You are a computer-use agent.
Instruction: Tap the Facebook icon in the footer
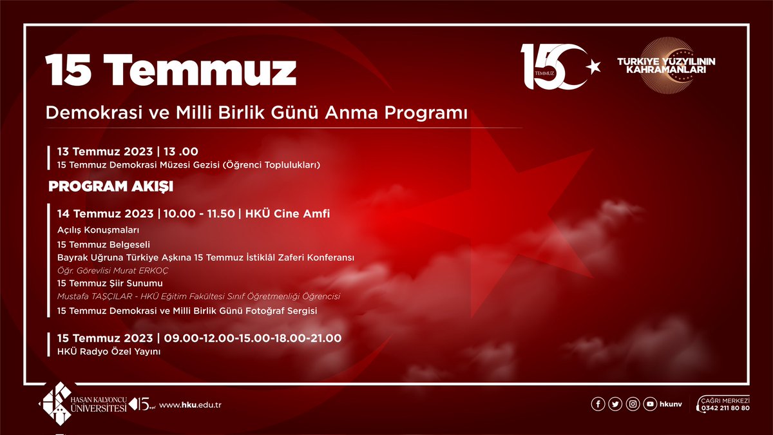tap(598, 404)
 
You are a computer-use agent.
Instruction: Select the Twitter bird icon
tap(616, 404)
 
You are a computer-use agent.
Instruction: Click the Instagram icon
tap(633, 404)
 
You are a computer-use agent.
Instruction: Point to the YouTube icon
tap(651, 404)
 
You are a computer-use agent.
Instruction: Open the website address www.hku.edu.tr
tap(190, 405)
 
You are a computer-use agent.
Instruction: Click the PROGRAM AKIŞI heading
tap(111, 187)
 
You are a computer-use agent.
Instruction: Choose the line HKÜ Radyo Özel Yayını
tap(108, 351)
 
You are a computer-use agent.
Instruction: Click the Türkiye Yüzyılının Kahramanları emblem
tap(667, 64)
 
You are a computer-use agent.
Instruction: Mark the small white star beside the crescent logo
tap(592, 65)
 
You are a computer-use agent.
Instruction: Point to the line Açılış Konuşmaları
tap(99, 230)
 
